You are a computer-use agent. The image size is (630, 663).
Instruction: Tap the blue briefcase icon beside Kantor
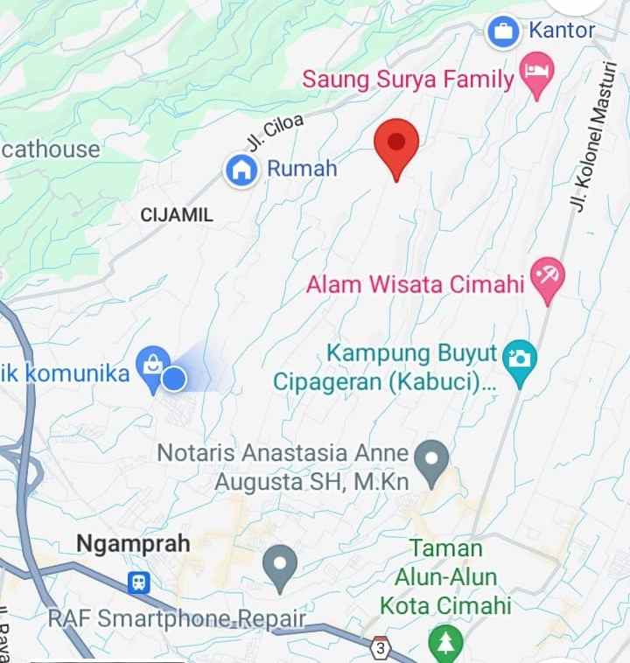(503, 32)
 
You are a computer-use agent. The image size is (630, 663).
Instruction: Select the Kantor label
(562, 31)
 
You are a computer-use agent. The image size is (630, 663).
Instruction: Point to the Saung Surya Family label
(408, 80)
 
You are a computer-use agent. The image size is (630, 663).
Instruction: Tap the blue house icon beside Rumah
(241, 171)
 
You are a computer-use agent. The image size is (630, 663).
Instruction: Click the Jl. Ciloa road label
(276, 134)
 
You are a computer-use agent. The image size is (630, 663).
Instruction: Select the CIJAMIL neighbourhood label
(177, 214)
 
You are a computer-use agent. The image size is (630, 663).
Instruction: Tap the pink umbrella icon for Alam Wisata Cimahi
(549, 278)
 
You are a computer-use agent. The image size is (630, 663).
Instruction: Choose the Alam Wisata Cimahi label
(416, 284)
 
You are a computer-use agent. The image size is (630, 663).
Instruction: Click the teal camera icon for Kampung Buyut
(521, 359)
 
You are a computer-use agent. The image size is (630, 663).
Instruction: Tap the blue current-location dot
(175, 379)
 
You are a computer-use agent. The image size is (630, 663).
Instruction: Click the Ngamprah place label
(133, 543)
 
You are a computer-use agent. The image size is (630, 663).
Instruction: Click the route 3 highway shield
(380, 649)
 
